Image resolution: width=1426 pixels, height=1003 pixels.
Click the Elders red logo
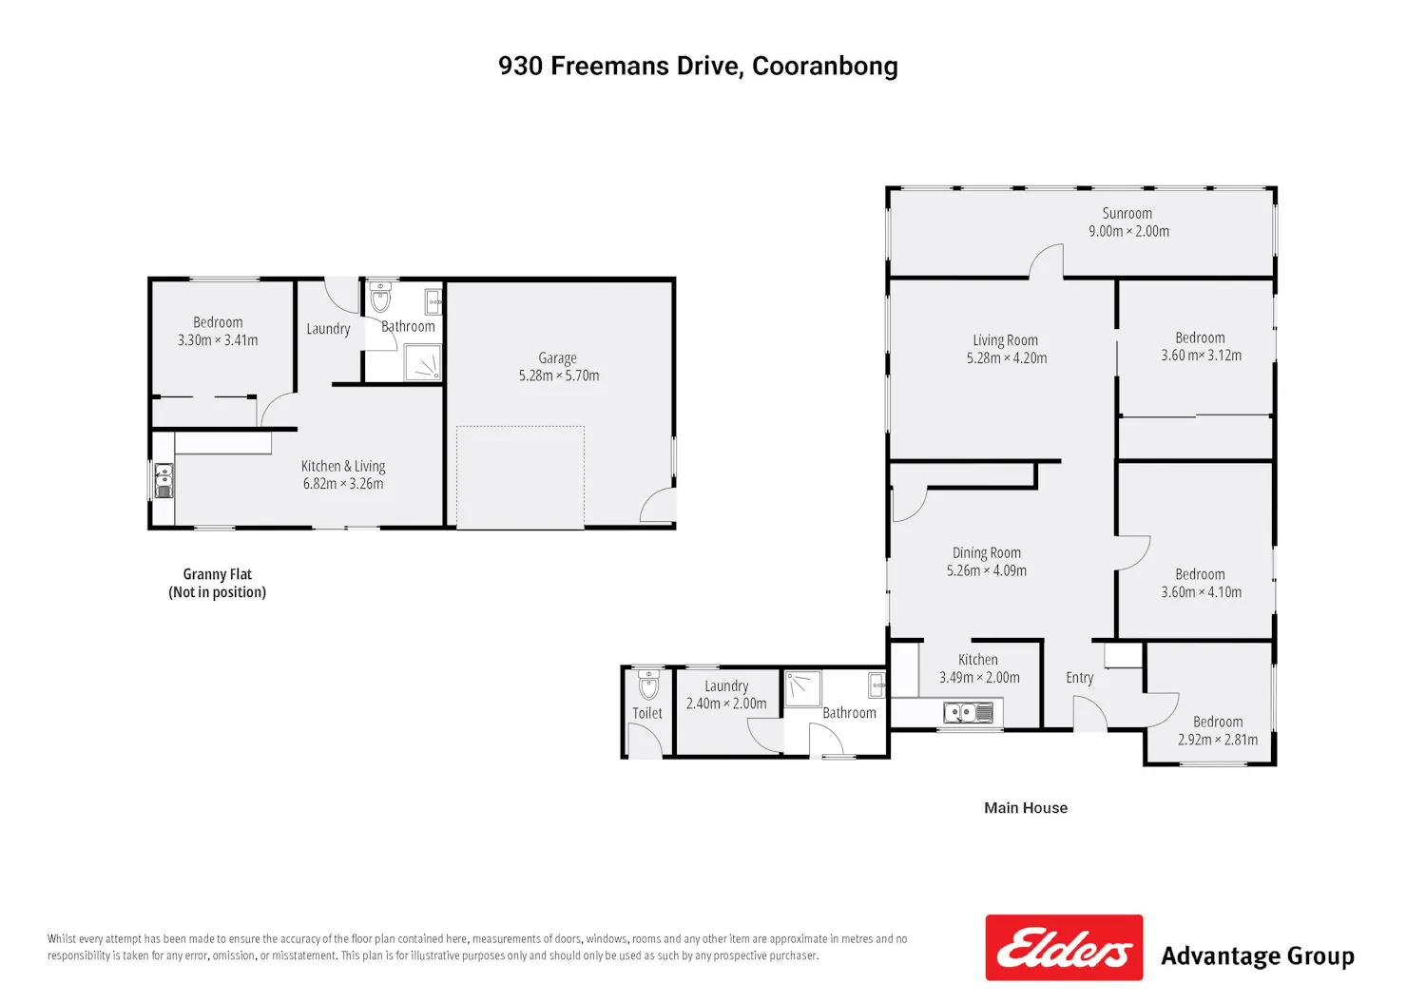pos(1064,947)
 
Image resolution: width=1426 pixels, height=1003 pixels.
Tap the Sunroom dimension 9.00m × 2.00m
pos(1128,231)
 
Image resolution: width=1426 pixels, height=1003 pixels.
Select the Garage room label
pos(558,357)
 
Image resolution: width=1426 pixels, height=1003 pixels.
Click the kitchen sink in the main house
pos(968,712)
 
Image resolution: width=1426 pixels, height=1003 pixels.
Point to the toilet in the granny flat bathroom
pos(380,298)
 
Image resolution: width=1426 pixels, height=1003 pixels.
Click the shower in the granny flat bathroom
pos(423,361)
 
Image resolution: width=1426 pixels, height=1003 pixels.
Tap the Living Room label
pos(1005,340)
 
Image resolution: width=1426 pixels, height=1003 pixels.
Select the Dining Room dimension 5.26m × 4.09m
pos(987,570)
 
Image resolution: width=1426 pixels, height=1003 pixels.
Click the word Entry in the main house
pos(1080,678)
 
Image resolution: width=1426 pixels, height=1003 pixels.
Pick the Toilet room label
pos(647,713)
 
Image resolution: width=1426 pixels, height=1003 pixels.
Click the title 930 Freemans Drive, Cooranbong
pos(698,67)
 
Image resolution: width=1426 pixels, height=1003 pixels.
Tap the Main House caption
pos(1026,808)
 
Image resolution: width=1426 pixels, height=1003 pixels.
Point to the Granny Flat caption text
pos(217,583)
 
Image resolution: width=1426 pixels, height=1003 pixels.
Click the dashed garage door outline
pos(520,477)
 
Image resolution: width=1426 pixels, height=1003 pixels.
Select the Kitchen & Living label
pos(343,466)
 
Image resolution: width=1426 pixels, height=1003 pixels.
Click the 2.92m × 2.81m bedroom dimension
pos(1218,740)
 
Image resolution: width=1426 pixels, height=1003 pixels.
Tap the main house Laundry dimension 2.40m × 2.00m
pos(726,704)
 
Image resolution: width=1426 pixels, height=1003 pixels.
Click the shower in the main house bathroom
pos(802,688)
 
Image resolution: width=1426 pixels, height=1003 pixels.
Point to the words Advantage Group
pos(1258,956)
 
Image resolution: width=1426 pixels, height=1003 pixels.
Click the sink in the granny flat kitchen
pos(164,480)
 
